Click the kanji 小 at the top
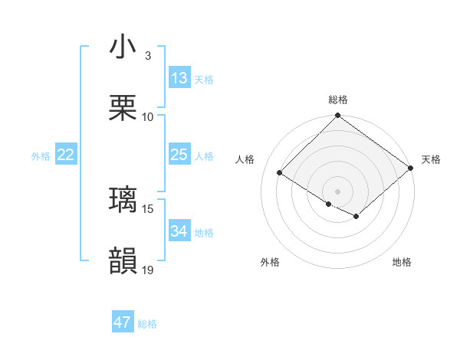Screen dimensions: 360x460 pos(123,47)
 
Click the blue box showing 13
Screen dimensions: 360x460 pos(179,78)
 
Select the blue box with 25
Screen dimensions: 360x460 pos(179,155)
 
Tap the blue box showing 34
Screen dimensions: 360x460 pos(179,231)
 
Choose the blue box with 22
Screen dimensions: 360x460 pos(66,155)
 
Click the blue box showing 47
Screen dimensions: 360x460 pos(123,322)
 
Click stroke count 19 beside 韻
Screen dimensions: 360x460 pos(148,270)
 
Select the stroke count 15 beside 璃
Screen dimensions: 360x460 pos(148,208)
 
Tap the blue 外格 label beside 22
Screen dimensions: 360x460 pos(41,155)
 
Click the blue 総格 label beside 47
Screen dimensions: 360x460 pos(147,324)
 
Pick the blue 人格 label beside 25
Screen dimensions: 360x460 pos(204,155)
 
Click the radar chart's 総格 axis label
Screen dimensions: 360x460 pos(338,100)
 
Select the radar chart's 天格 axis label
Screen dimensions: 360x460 pos(431,159)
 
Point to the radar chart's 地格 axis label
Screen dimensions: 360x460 pos(402,262)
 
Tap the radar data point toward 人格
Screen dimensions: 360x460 pos(280,172)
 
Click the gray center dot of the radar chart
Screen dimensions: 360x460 pos(338,191)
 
